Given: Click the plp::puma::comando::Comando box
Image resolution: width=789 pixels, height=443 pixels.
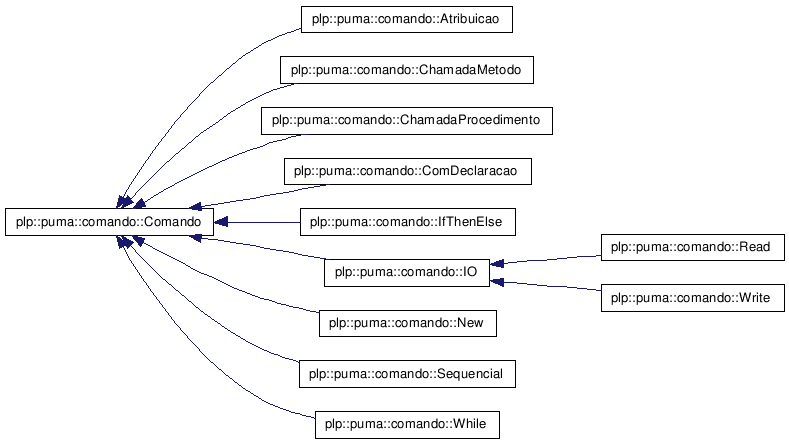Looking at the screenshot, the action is pos(109,222).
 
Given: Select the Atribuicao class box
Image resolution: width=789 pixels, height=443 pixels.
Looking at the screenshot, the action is pos(407,20).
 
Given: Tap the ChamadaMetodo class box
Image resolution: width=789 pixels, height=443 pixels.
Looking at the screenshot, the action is pos(407,70).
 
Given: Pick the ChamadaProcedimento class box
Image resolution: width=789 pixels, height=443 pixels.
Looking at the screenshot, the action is pos(407,121).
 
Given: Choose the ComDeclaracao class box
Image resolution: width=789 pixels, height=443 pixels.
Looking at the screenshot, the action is pos(408,171).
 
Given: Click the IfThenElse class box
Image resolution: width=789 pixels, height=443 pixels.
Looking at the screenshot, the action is pos(408,222).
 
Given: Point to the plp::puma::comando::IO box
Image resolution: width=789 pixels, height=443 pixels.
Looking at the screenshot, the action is pos(407,273).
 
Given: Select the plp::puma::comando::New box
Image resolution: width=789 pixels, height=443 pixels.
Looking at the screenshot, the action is pos(408,323).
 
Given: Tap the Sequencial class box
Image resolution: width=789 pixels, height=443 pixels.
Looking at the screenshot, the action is pos(407,374).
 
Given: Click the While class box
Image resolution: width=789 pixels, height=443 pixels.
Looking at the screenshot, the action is pos(407,425).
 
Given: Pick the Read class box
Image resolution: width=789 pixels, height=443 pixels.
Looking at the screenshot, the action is pos(692,247).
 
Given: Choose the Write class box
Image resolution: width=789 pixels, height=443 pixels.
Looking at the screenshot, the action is pos(692,298).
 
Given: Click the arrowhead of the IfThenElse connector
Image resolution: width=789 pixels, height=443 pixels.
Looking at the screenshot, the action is pos(220,222).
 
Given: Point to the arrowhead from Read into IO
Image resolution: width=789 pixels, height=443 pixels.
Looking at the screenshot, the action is pos(497,263).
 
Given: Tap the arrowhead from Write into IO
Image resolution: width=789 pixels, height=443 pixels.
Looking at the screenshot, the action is pos(497,282).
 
